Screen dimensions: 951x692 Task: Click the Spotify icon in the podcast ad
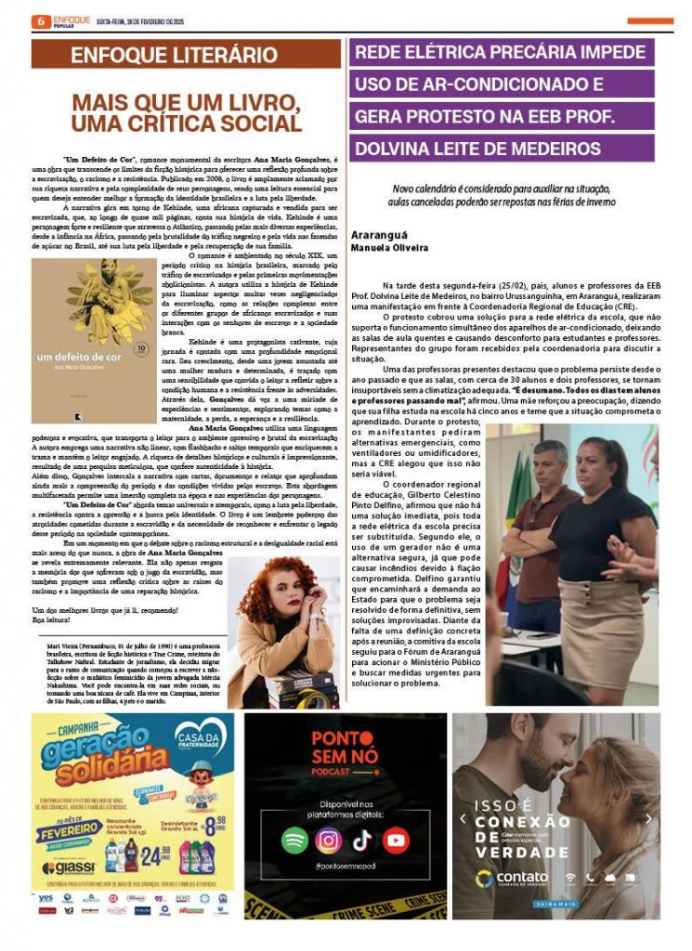[294, 840]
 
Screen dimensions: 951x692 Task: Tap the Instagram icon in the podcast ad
[328, 840]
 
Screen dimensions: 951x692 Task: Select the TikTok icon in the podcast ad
[361, 840]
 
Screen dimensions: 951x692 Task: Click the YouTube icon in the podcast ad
[396, 840]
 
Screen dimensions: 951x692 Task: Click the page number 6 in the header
[41, 20]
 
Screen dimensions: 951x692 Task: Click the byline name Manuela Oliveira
[390, 248]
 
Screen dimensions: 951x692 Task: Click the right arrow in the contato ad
[649, 818]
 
